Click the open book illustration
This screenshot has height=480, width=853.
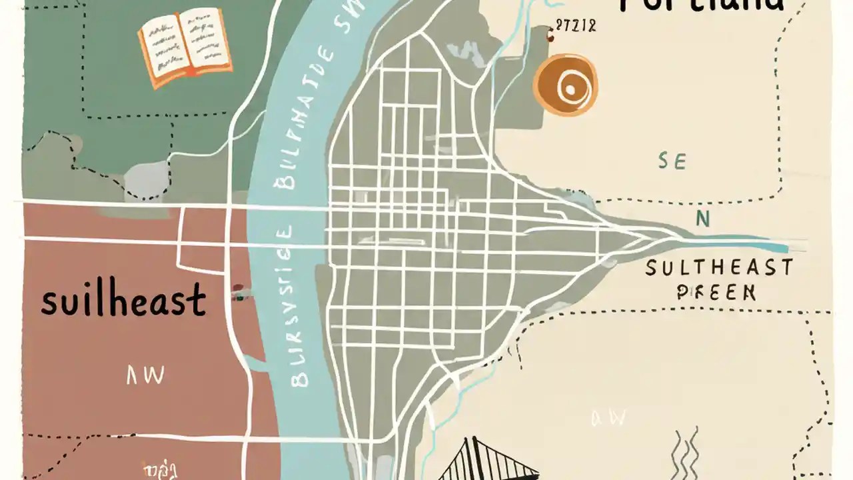pyautogui.click(x=185, y=47)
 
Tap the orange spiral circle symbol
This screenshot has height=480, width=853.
pyautogui.click(x=565, y=85)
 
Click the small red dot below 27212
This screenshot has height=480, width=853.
pyautogui.click(x=550, y=39)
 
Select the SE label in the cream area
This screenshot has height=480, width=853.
pyautogui.click(x=672, y=161)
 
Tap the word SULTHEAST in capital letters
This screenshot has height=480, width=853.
pyautogui.click(x=719, y=269)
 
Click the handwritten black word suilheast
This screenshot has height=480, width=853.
pyautogui.click(x=123, y=301)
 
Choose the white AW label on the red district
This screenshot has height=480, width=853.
pyautogui.click(x=145, y=376)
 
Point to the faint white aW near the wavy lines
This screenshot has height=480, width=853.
pyautogui.click(x=608, y=418)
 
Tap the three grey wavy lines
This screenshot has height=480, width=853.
pyautogui.click(x=684, y=453)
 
